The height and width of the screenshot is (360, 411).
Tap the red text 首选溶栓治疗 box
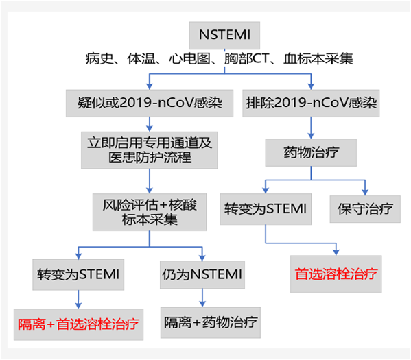[x=336, y=274]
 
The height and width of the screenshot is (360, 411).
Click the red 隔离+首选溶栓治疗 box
[x=80, y=324]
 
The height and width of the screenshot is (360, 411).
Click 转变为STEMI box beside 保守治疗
[x=266, y=208]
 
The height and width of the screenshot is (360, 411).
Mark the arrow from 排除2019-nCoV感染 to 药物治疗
[x=312, y=129]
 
